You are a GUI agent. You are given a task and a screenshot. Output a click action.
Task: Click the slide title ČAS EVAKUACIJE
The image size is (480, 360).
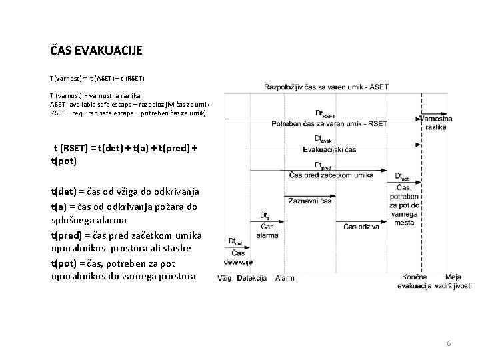(x=96, y=50)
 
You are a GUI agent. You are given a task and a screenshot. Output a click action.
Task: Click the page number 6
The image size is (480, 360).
(x=449, y=343)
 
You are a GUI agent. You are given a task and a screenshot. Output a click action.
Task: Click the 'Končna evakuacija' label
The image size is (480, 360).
(x=418, y=281)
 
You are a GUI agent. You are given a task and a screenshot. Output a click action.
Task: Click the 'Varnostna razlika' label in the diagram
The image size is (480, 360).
(x=437, y=122)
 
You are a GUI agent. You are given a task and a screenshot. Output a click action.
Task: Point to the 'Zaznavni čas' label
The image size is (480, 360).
(x=310, y=201)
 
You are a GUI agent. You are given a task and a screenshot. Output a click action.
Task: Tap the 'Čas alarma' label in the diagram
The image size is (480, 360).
(x=267, y=231)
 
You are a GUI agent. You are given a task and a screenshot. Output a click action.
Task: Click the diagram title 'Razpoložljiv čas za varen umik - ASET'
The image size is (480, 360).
(x=326, y=87)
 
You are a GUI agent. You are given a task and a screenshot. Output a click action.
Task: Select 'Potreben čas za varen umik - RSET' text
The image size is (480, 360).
(x=329, y=123)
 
